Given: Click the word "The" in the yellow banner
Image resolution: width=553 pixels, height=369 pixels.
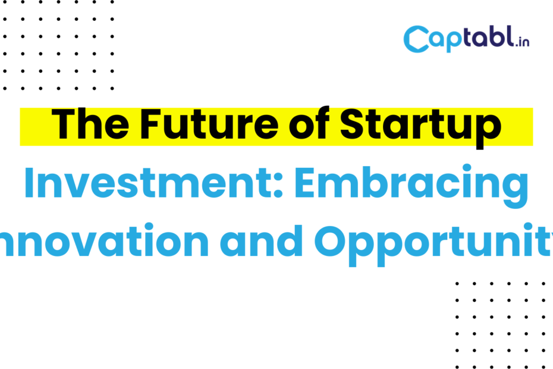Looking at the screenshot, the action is click(x=90, y=124).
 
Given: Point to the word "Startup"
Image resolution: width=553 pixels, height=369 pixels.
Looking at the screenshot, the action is click(x=420, y=127).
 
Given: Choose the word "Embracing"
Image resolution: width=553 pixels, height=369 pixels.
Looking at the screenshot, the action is click(x=411, y=186).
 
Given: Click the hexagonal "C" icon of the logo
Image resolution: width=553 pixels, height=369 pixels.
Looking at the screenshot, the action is click(x=416, y=39).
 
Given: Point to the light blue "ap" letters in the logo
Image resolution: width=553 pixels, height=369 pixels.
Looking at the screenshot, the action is click(x=445, y=41).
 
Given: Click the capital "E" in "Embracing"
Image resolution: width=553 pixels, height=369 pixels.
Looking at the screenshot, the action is click(x=304, y=183).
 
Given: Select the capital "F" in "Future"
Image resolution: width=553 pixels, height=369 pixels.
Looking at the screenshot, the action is click(x=150, y=124).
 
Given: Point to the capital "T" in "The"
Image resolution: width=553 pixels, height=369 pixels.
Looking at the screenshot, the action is click(x=64, y=124).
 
